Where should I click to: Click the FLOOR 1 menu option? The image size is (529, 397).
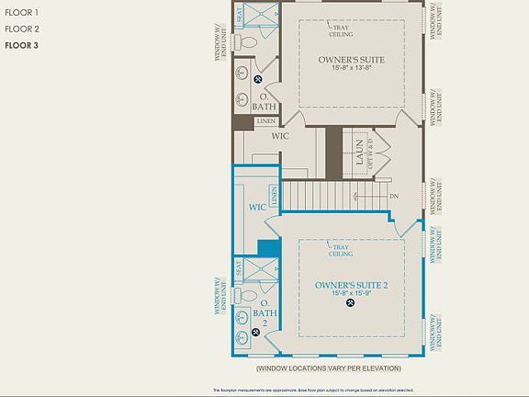[21, 13]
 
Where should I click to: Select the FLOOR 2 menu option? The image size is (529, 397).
[21, 28]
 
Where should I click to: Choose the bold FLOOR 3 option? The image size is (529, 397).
[21, 44]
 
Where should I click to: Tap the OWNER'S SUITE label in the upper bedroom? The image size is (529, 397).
[351, 60]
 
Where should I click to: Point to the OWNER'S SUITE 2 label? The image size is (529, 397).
[351, 285]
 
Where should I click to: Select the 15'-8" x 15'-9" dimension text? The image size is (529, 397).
[351, 293]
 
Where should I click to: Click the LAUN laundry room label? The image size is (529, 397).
[352, 148]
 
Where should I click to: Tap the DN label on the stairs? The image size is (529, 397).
[394, 196]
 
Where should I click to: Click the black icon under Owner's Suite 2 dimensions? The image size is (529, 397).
[350, 304]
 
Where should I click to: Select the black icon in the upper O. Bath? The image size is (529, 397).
[258, 79]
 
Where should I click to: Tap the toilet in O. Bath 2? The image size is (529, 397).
[245, 295]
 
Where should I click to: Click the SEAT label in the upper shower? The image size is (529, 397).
[240, 15]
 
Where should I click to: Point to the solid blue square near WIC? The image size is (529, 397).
[268, 248]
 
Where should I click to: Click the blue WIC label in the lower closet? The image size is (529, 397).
[257, 208]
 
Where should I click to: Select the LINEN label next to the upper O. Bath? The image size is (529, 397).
[266, 120]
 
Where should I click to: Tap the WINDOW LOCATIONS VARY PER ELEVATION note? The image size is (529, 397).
[329, 368]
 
